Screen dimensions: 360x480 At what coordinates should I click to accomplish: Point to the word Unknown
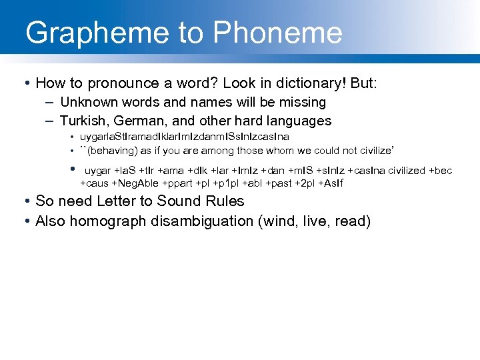(87, 103)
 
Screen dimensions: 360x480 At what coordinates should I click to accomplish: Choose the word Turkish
(83, 121)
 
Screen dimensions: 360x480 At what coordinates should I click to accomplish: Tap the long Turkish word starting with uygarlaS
(185, 137)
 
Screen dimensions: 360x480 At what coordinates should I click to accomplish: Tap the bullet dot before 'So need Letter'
(25, 201)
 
